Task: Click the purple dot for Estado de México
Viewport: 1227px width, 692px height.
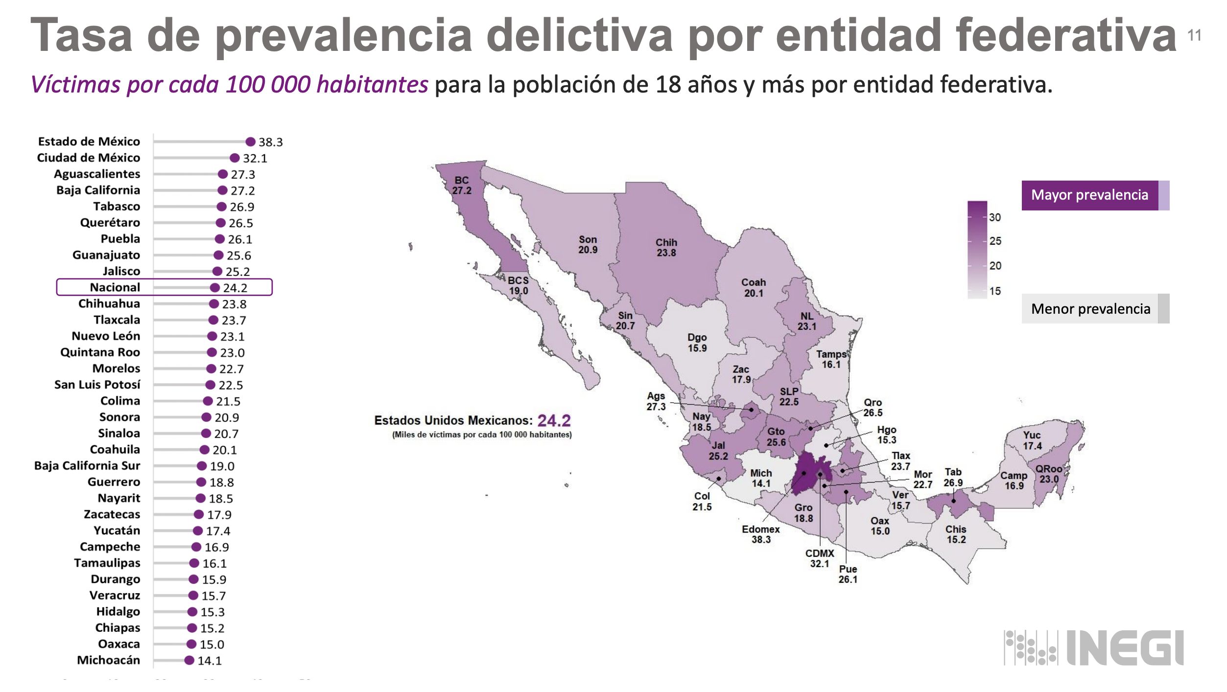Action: click(x=250, y=142)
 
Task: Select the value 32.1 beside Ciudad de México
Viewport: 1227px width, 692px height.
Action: click(x=255, y=158)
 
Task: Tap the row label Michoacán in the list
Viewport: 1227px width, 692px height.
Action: click(x=108, y=660)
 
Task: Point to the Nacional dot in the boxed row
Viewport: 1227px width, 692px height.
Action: click(x=214, y=288)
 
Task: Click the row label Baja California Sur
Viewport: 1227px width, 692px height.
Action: click(x=87, y=465)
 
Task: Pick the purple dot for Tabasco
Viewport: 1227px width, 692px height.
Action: click(x=221, y=207)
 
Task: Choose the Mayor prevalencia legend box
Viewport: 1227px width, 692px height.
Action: click(x=1090, y=195)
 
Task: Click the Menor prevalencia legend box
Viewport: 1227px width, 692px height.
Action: click(x=1090, y=309)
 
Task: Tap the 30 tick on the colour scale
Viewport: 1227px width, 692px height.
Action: click(x=994, y=217)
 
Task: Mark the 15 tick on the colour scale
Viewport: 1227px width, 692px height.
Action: click(x=994, y=291)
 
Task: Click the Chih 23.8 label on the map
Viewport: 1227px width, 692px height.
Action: click(x=666, y=248)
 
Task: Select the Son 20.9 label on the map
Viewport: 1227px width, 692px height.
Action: click(x=588, y=244)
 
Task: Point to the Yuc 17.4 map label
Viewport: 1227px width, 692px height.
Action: click(x=1032, y=440)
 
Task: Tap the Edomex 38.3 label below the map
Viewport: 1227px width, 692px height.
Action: click(x=761, y=534)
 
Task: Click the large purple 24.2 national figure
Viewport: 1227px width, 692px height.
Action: click(x=554, y=420)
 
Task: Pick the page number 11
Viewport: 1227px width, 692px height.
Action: click(x=1194, y=35)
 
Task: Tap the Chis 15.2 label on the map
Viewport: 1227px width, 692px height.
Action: click(x=956, y=534)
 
